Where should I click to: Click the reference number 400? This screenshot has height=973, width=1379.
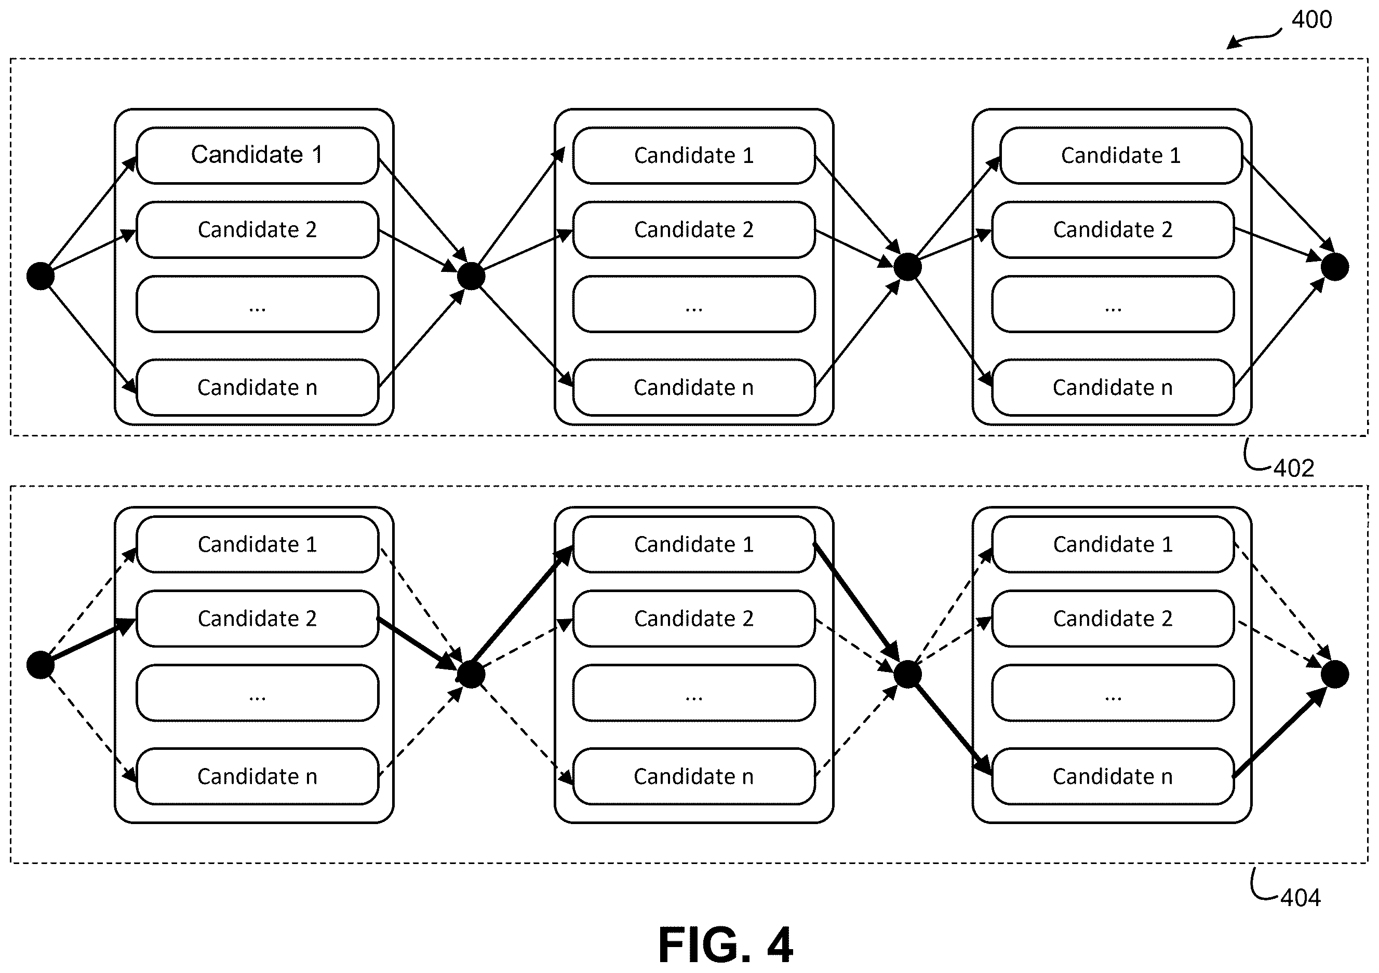pyautogui.click(x=1311, y=20)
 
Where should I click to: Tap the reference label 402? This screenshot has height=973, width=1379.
pyautogui.click(x=1294, y=468)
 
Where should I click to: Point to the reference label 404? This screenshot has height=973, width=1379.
pyautogui.click(x=1301, y=898)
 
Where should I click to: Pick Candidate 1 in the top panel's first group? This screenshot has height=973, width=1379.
pyautogui.click(x=258, y=155)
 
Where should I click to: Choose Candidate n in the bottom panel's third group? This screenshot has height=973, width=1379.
pyautogui.click(x=1113, y=776)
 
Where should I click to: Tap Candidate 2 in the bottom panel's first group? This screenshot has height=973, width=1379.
pyautogui.click(x=258, y=618)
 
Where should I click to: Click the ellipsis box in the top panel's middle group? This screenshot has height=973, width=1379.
pyautogui.click(x=694, y=304)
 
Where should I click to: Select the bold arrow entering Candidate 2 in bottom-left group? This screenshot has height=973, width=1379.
pyautogui.click(x=88, y=642)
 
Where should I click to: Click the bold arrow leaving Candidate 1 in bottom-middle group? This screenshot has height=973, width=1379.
pyautogui.click(x=855, y=601)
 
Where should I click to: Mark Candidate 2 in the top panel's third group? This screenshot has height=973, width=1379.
pyautogui.click(x=1113, y=229)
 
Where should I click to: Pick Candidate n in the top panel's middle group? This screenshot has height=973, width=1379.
pyautogui.click(x=694, y=387)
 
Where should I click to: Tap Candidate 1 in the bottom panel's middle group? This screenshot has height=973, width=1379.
pyautogui.click(x=694, y=544)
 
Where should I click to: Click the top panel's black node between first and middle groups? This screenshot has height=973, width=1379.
pyautogui.click(x=472, y=276)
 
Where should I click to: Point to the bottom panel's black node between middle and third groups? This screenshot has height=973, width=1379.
pyautogui.click(x=907, y=674)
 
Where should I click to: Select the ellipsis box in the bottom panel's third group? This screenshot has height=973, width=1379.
pyautogui.click(x=1113, y=693)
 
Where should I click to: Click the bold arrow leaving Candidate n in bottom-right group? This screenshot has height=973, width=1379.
pyautogui.click(x=1279, y=732)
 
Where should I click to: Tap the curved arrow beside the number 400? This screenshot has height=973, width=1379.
pyautogui.click(x=1253, y=38)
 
